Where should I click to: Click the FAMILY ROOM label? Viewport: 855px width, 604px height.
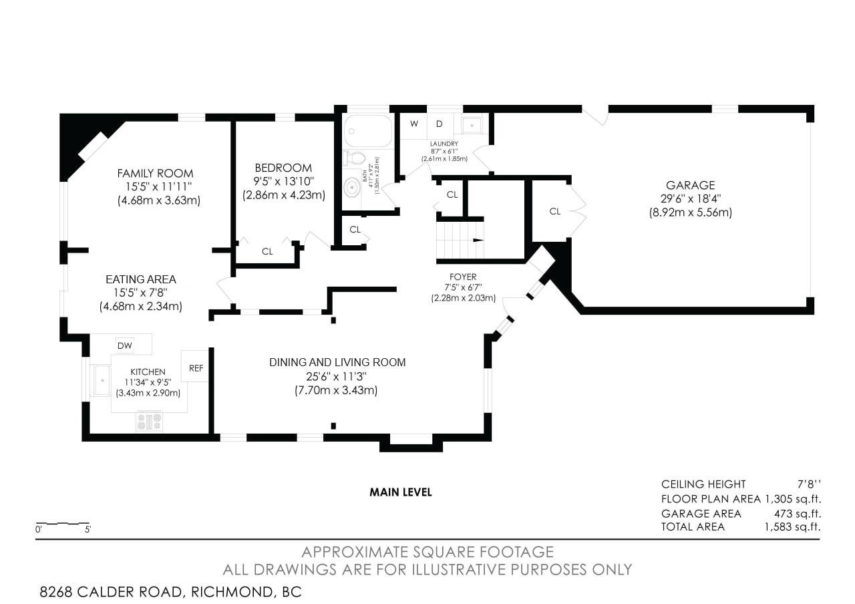156,174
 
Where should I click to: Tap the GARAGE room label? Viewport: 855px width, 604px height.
691,186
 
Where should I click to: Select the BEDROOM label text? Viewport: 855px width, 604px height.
283,168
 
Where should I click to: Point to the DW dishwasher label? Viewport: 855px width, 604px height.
125,346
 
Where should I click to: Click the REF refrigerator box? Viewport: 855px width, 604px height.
195,365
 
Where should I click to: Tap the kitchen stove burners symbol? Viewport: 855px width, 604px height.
150,422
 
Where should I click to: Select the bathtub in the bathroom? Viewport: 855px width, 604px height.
367,132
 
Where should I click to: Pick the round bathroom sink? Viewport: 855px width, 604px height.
352,188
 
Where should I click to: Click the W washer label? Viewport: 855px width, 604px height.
414,124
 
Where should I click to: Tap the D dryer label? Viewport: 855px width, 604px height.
440,124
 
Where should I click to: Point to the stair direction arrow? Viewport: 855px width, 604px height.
478,240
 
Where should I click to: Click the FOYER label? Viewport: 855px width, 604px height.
463,277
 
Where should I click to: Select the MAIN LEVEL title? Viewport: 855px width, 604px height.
401,492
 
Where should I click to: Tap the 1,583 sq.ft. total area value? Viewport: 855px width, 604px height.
792,527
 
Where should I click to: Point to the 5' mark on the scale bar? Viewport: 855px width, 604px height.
88,530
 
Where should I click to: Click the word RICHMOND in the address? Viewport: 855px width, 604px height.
232,592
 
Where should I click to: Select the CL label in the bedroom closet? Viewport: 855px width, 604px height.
267,252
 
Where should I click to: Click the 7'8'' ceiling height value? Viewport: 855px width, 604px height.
809,484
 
